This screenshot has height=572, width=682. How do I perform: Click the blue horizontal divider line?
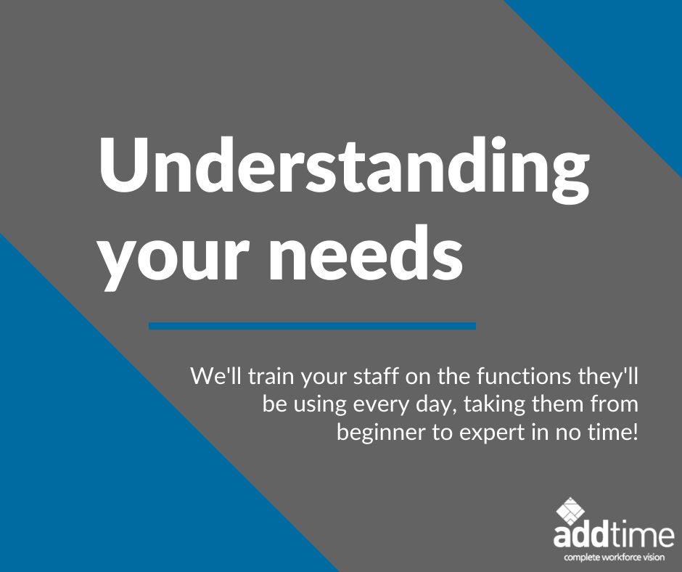click(312, 326)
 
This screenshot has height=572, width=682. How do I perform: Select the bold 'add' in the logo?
click(578, 537)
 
